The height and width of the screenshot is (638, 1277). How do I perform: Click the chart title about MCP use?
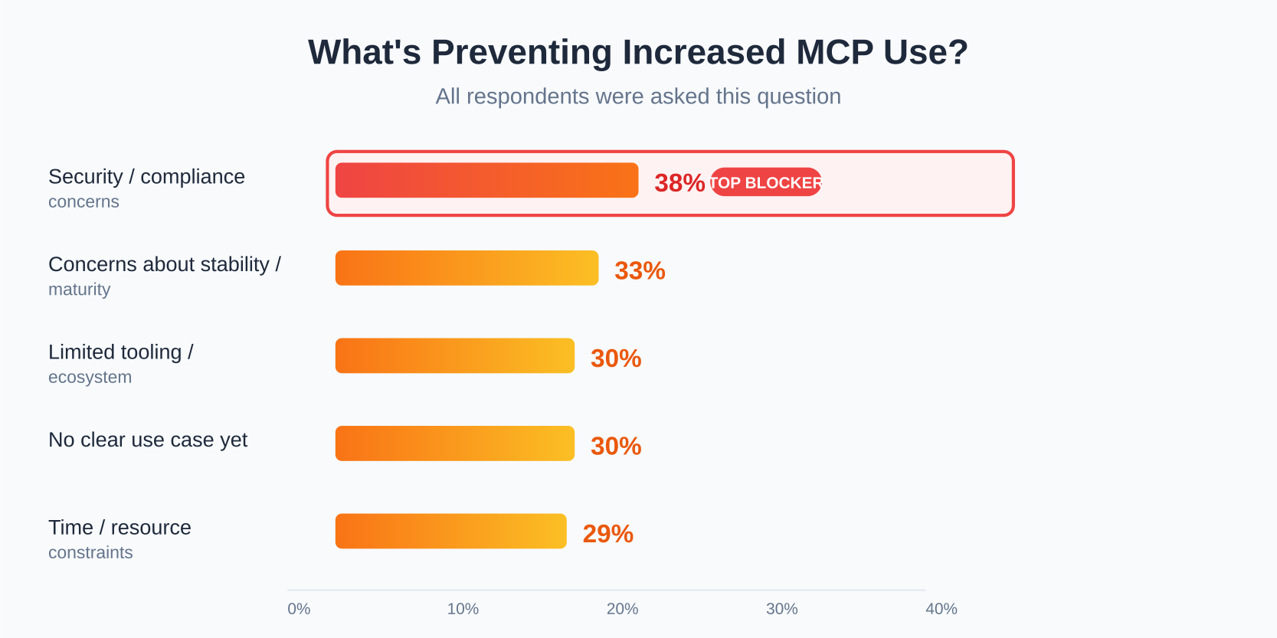[638, 52]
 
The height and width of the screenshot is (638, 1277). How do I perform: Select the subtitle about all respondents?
[638, 97]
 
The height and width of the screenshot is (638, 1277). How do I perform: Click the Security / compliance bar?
[486, 180]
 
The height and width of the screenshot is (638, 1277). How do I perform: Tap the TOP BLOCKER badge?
[765, 182]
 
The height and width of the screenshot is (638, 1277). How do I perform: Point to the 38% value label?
[679, 183]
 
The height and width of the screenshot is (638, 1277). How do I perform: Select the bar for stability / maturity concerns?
[467, 268]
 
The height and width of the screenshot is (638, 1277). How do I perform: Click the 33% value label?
[640, 271]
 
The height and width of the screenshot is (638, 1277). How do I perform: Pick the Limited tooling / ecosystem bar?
[454, 355]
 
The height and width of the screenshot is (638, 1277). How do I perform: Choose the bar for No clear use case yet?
[454, 443]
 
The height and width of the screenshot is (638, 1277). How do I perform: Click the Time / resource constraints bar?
[450, 531]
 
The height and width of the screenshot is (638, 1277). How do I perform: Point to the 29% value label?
[607, 534]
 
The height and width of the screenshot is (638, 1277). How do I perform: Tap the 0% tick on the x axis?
[299, 609]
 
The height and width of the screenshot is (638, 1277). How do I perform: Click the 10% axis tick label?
[463, 609]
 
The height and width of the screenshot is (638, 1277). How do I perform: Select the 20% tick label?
[622, 609]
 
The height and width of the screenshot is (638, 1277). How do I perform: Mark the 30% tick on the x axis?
[781, 609]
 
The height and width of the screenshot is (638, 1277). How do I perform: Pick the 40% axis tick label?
[941, 609]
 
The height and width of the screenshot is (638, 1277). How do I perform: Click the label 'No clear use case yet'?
[148, 440]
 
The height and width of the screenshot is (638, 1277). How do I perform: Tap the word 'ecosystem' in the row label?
[90, 377]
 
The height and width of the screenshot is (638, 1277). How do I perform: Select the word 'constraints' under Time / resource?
[90, 552]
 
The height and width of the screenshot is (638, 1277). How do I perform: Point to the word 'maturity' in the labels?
[79, 290]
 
